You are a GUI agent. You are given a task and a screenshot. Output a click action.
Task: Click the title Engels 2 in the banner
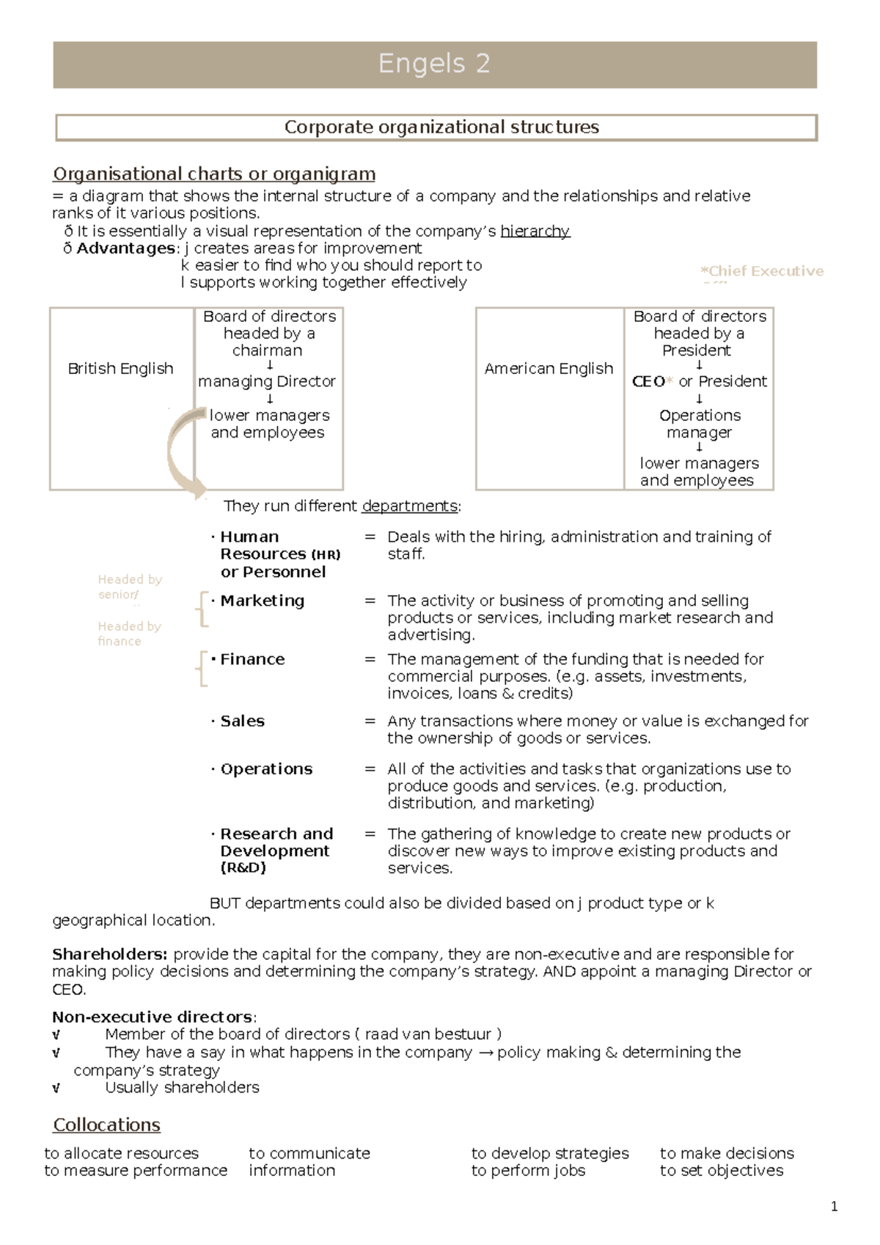point(434,64)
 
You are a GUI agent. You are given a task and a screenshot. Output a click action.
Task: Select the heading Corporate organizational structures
point(441,127)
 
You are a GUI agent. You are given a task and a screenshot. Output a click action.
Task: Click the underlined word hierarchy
point(535,231)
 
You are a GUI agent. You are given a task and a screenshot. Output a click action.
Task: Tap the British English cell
point(120,368)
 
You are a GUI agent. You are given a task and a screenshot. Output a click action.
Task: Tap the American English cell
point(549,368)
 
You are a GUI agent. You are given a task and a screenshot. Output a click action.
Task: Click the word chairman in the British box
point(267,350)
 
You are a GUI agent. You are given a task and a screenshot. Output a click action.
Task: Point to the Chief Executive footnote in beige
point(762,271)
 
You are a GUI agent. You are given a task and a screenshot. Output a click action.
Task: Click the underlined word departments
point(409,506)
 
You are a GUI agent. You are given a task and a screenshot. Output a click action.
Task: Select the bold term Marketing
point(262,601)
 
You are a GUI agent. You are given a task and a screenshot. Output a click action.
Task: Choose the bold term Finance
point(252,659)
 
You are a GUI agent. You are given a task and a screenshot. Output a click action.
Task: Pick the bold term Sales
point(242,721)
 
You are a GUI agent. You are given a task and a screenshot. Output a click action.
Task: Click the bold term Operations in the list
point(266,769)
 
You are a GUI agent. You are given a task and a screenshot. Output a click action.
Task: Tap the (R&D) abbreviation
point(243,868)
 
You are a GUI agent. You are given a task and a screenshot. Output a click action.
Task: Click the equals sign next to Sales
point(370,721)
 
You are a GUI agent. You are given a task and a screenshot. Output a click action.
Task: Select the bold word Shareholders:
point(109,954)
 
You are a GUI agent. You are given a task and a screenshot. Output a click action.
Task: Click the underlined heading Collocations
point(106,1125)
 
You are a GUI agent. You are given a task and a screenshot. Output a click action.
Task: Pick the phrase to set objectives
point(721,1170)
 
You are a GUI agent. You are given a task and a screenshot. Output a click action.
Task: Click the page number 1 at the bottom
point(834,1207)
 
